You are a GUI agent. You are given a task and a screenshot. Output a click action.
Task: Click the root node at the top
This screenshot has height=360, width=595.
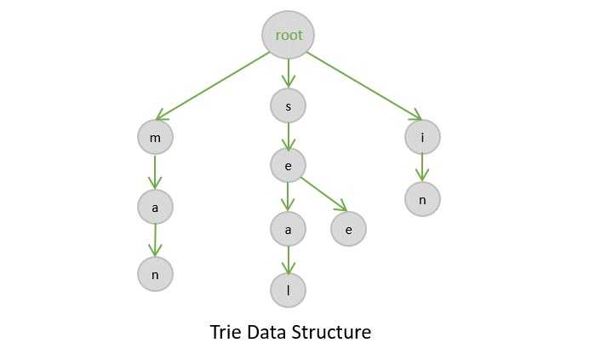tap(288, 35)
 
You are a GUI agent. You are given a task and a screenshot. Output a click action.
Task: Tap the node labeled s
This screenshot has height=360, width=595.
tap(288, 106)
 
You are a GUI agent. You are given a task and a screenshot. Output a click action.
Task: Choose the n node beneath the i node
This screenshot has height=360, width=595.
tap(422, 198)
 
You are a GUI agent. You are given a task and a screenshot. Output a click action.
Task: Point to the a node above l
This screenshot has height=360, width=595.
tap(288, 229)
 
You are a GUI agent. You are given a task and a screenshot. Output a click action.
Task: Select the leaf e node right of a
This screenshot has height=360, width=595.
tap(348, 229)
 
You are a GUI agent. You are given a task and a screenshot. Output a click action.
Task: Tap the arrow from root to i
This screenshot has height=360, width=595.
tap(363, 85)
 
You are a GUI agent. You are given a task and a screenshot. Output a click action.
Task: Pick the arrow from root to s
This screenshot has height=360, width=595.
tap(288, 72)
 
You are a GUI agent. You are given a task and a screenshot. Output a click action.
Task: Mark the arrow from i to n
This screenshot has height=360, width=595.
tap(422, 167)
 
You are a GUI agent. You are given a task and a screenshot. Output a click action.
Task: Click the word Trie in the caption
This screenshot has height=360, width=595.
tap(226, 332)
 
